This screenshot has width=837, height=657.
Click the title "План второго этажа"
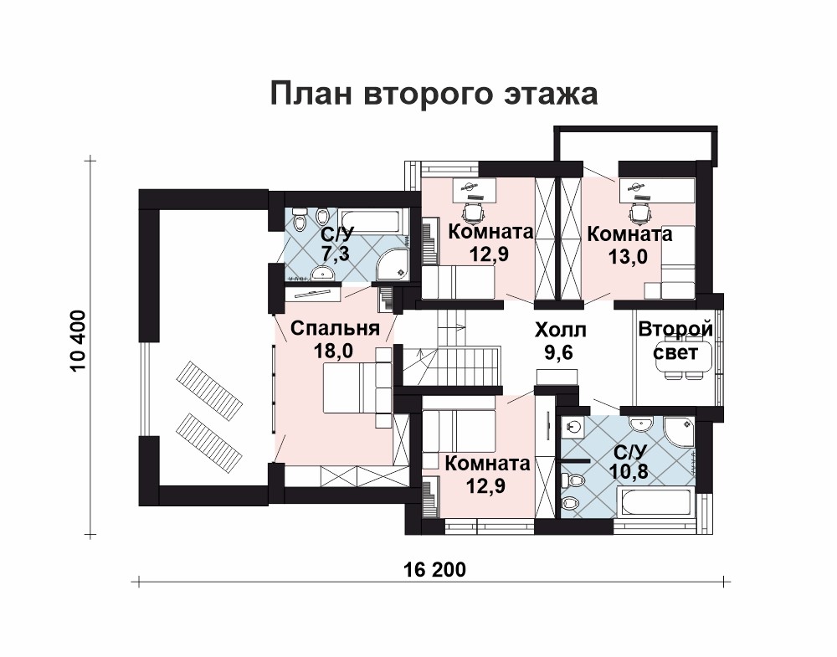coord(434,94)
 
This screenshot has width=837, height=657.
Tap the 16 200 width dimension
coord(435,569)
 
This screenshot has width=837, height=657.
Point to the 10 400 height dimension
coord(77,341)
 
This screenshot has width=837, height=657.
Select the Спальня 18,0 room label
coord(335,340)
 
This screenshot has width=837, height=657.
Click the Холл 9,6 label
coord(561,341)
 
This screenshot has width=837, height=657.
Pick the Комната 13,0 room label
coord(629,245)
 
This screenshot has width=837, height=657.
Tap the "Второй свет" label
coord(675,340)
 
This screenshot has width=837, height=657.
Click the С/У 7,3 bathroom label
coord(336,244)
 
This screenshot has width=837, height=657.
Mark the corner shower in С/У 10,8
coord(680,433)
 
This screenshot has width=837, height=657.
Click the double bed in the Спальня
coord(357,387)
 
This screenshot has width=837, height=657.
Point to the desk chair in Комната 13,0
coord(639,213)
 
